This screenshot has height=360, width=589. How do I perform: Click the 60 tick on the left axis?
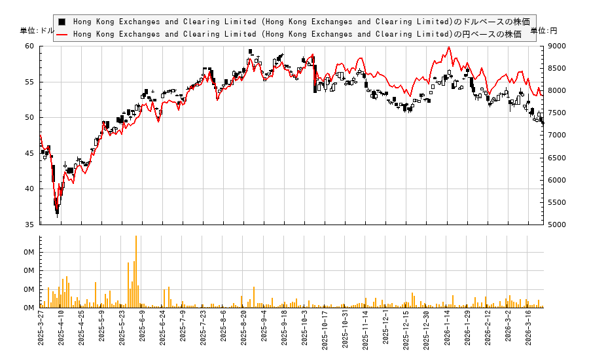[29, 46]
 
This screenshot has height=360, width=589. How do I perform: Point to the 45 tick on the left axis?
[29, 153]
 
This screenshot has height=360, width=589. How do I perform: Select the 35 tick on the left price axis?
[29, 225]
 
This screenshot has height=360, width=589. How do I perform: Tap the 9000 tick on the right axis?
[558, 46]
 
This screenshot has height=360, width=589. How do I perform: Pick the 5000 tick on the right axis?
[558, 225]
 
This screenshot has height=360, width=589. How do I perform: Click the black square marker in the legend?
[62, 22]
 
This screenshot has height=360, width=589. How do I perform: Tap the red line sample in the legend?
[62, 34]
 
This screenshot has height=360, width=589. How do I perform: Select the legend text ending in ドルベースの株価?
[301, 22]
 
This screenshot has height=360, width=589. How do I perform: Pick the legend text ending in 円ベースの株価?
[297, 34]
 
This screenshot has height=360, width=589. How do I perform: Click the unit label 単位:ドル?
[37, 31]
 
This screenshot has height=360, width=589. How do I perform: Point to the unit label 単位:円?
[543, 31]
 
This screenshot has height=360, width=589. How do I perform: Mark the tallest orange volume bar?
[136, 271]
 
